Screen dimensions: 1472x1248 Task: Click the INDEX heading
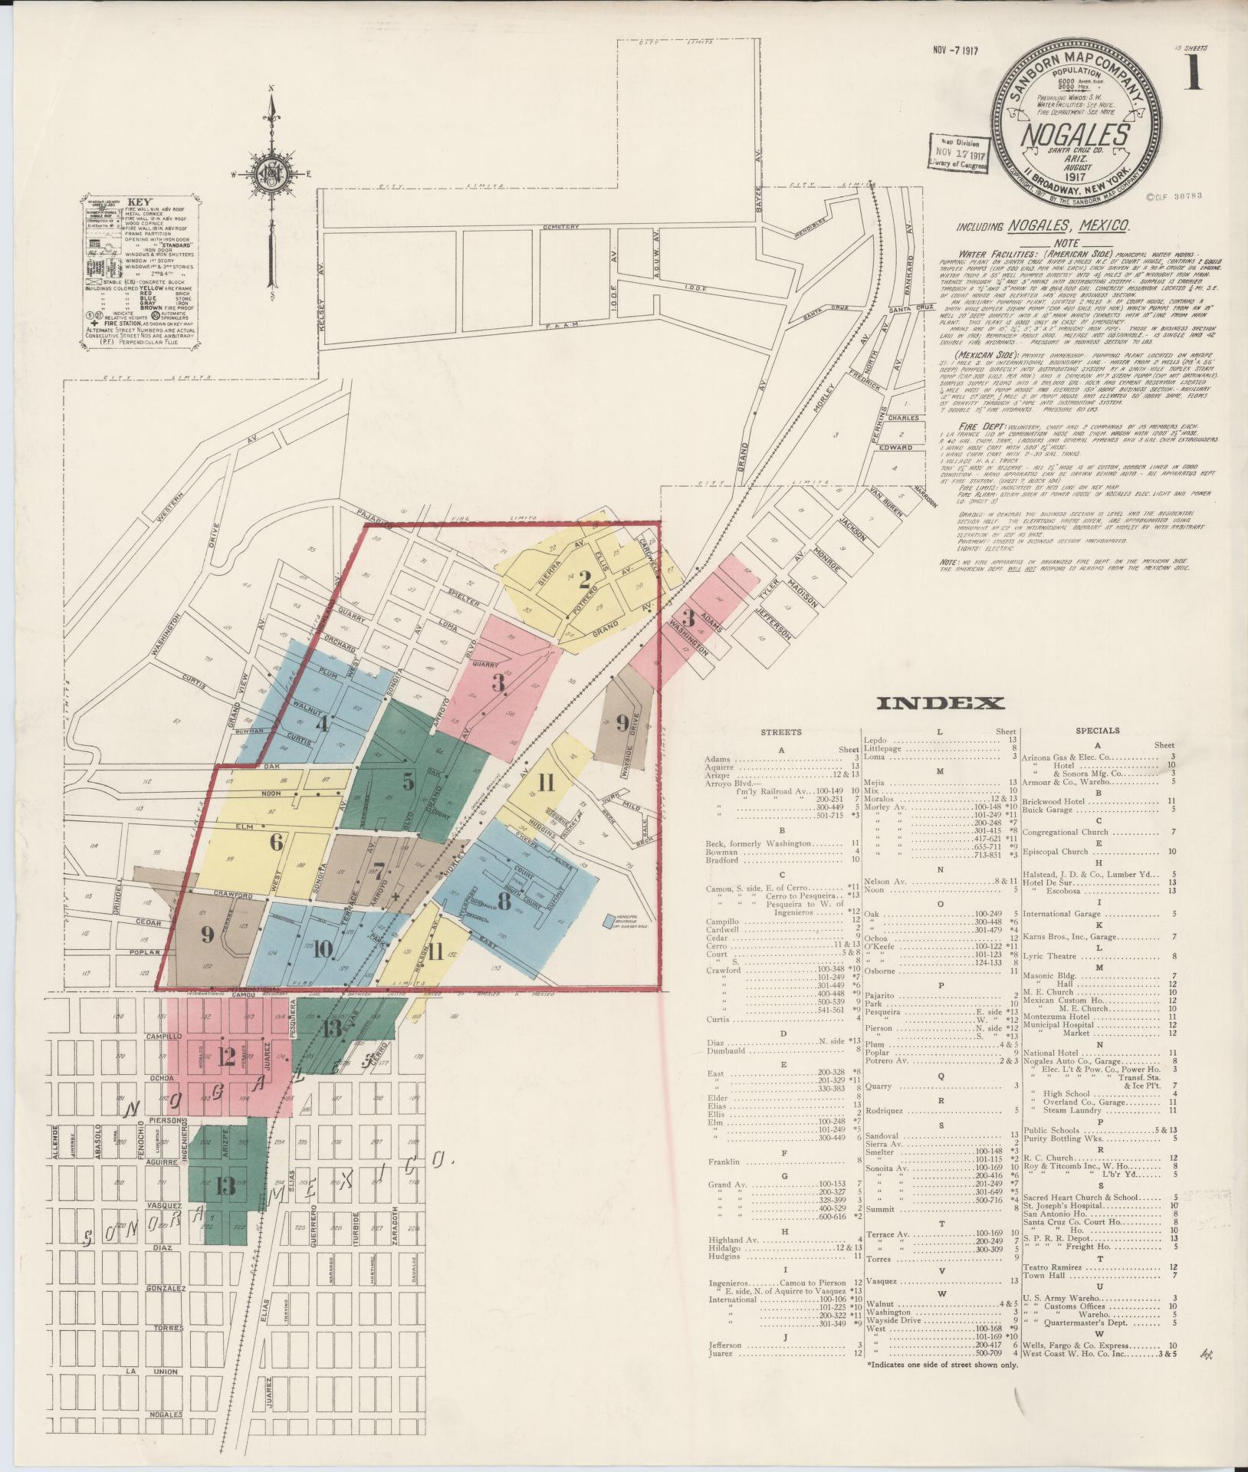point(940,702)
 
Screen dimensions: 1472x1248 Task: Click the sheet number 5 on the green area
point(408,781)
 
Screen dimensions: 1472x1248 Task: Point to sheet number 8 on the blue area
point(504,899)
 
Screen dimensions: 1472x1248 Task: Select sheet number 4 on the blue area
point(323,722)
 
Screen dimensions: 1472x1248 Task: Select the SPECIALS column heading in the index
point(1098,731)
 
